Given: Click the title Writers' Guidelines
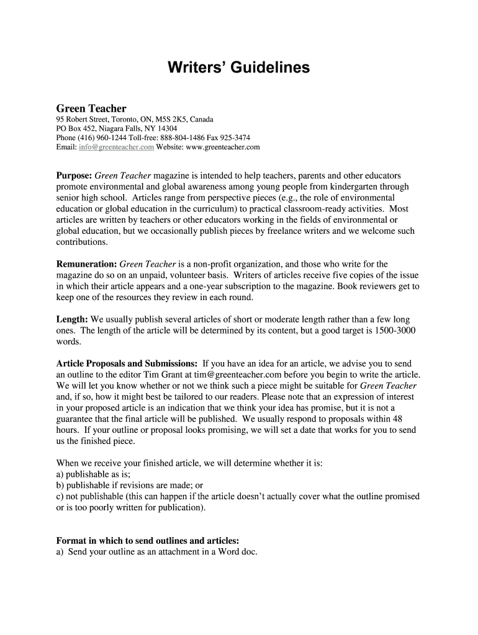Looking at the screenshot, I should tap(238, 68).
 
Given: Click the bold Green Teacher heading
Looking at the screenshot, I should tap(91, 109).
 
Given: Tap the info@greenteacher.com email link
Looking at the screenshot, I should tap(116, 148).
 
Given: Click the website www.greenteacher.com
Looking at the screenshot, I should tap(222, 148).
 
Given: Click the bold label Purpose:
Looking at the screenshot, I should tap(74, 175).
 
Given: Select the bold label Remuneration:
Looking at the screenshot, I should tap(86, 264).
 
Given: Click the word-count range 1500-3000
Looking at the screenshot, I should tap(395, 331).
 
